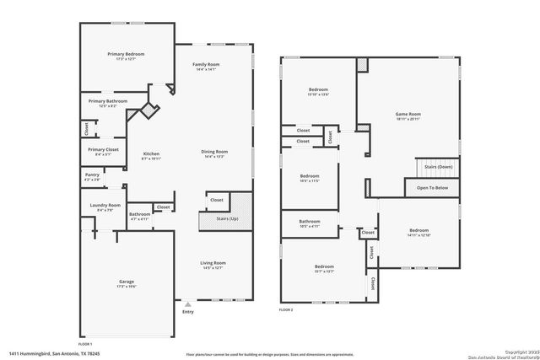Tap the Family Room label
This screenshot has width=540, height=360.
[x=205, y=65]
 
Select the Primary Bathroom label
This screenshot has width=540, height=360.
[x=109, y=101]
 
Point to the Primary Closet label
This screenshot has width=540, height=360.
[x=104, y=149]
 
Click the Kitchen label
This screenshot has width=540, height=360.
[x=151, y=153]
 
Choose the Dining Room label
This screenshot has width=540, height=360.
[x=214, y=152]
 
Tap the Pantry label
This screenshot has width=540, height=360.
[x=92, y=176]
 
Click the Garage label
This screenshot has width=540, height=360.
[x=127, y=282]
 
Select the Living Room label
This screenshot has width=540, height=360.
[x=213, y=263]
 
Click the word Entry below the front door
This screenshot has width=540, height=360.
[x=187, y=313]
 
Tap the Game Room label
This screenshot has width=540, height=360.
[x=408, y=114]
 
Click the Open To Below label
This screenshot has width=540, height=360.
[x=432, y=187]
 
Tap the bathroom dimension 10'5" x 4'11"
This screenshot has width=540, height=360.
[x=310, y=226]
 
